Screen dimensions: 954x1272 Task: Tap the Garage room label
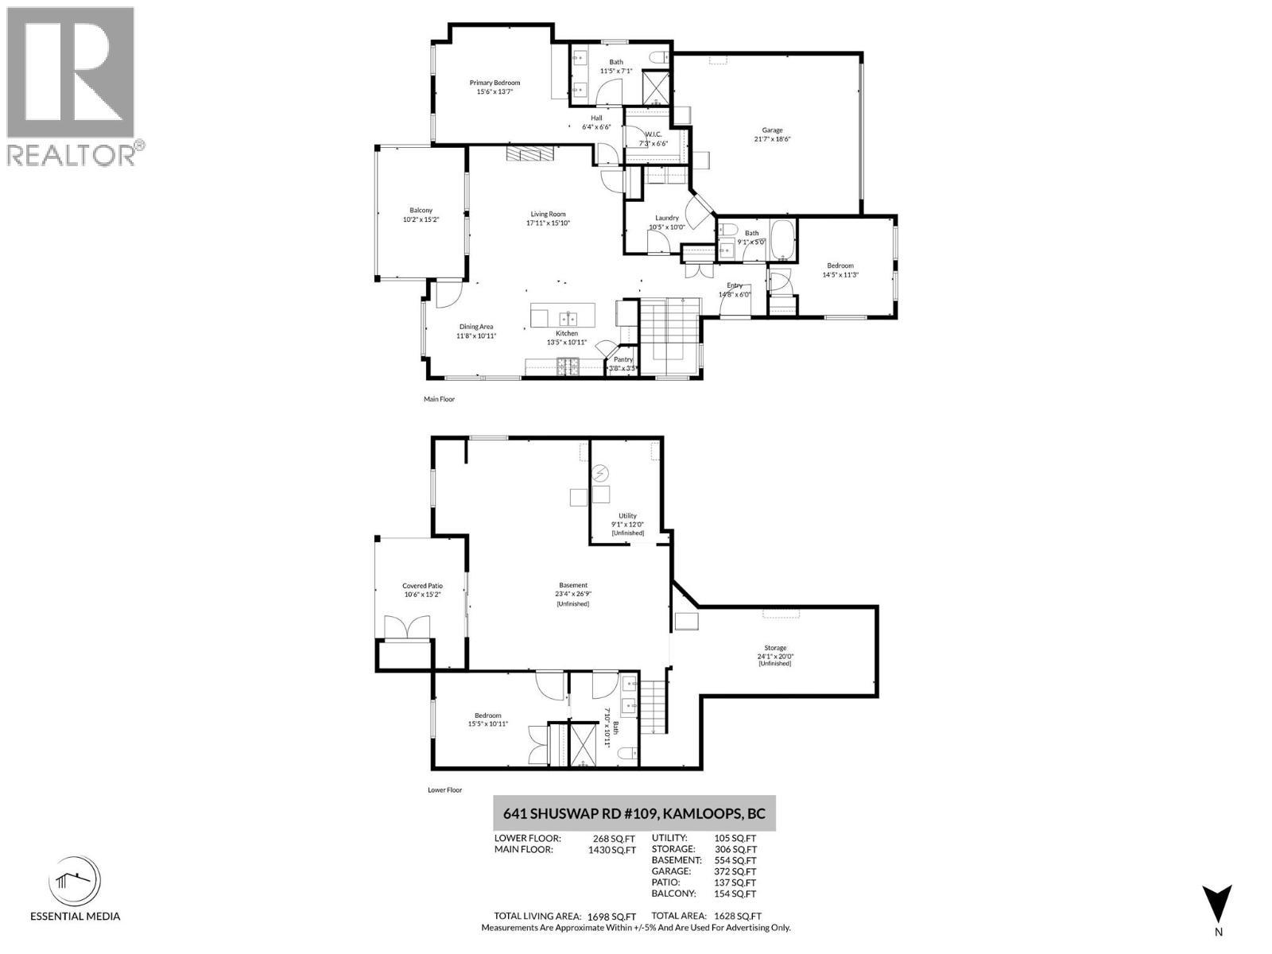[772, 130]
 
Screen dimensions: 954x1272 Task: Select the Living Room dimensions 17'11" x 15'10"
[548, 223]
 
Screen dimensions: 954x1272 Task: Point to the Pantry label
[623, 359]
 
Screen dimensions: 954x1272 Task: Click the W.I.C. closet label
[653, 134]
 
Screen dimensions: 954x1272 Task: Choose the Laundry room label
[666, 218]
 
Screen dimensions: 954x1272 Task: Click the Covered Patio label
[422, 586]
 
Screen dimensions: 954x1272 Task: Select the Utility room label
[627, 516]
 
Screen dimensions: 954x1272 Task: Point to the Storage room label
[775, 648]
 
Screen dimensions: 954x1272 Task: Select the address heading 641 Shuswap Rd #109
[634, 814]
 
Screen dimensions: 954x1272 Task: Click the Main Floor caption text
[439, 399]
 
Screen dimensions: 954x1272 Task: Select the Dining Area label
[476, 327]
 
